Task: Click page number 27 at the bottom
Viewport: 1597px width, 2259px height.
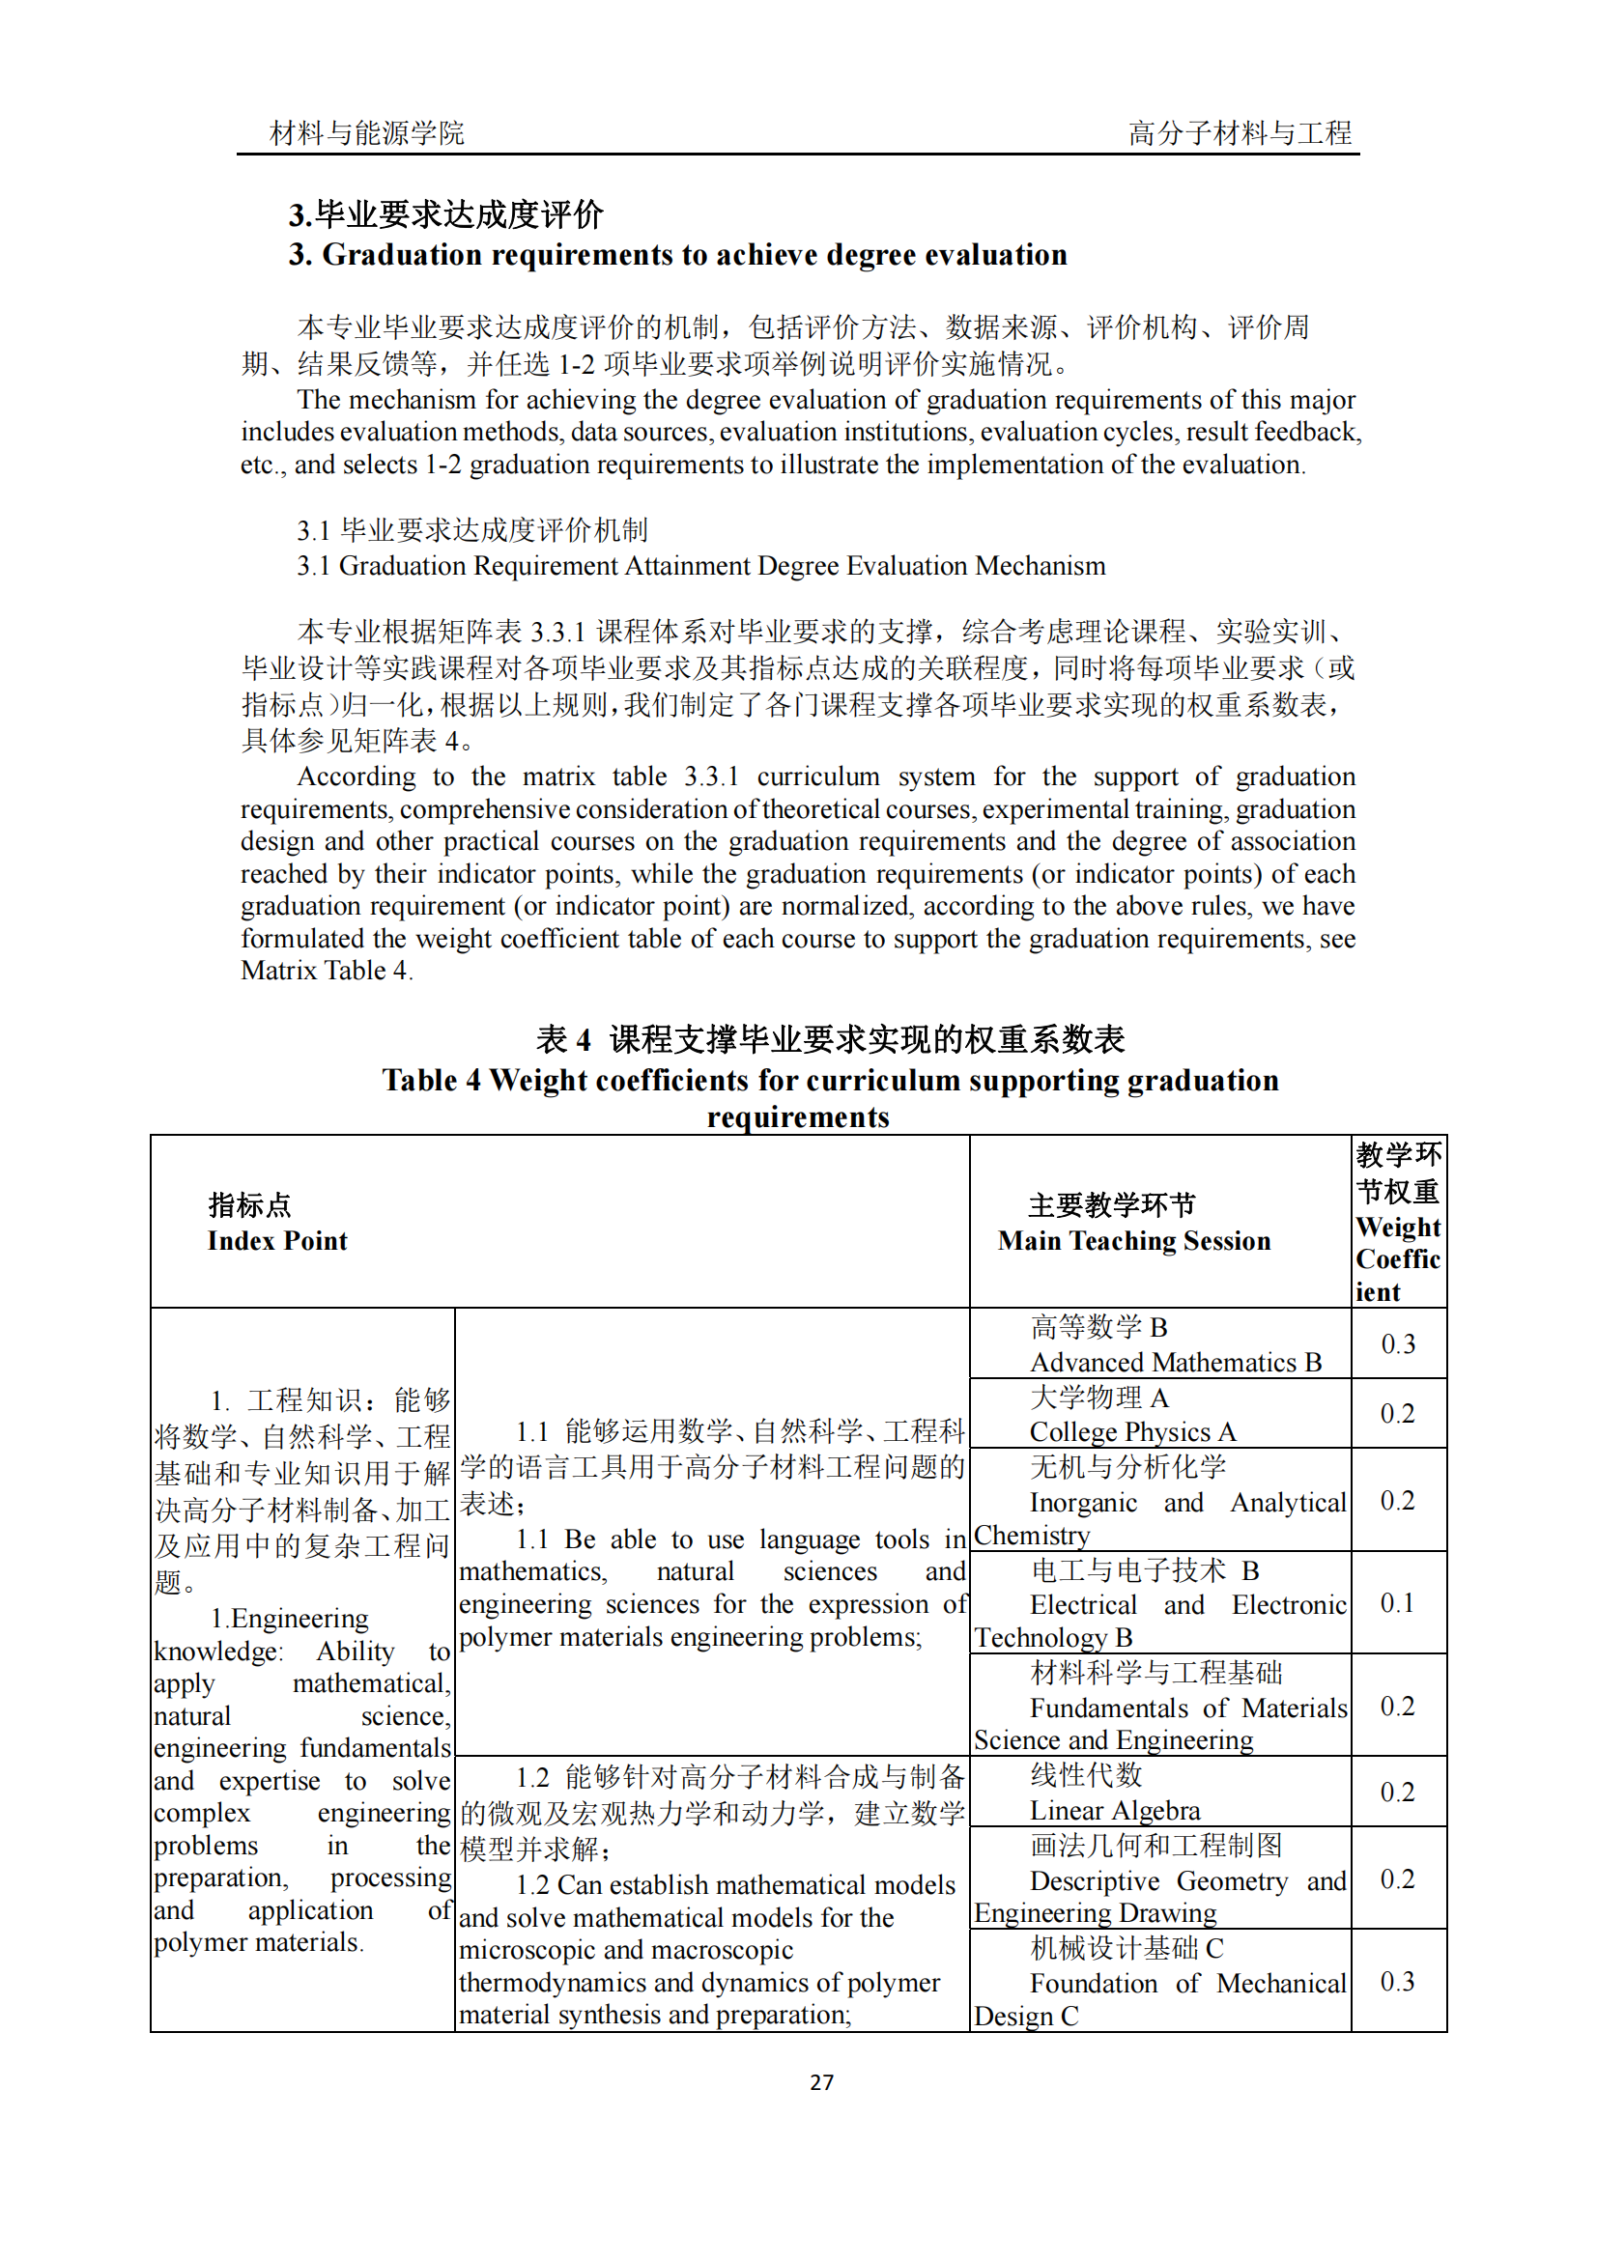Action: click(x=820, y=2081)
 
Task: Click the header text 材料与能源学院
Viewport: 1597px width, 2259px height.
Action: click(x=366, y=133)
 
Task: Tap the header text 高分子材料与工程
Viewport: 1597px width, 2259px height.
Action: click(x=1239, y=133)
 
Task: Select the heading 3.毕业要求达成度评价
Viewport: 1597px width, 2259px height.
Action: click(x=445, y=213)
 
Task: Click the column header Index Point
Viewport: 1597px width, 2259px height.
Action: click(x=276, y=1241)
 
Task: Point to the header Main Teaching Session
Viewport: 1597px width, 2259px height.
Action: click(x=1133, y=1241)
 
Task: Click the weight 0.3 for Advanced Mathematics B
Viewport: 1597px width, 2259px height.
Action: click(x=1397, y=1344)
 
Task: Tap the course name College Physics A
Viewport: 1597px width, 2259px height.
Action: click(x=1132, y=1431)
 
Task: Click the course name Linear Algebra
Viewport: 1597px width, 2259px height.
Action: click(x=1115, y=1810)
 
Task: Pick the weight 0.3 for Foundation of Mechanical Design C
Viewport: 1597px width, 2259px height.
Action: click(x=1397, y=1982)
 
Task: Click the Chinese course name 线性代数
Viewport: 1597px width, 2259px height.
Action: click(x=1085, y=1776)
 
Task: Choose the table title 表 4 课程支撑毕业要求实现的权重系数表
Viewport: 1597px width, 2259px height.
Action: click(x=830, y=1039)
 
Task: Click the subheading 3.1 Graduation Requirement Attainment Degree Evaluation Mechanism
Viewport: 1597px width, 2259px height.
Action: click(x=700, y=566)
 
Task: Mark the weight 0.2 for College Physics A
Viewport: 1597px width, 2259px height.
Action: click(x=1397, y=1414)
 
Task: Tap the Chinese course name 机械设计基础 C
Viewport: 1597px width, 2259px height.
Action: click(x=1126, y=1948)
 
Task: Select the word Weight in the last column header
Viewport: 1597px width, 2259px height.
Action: click(x=1397, y=1227)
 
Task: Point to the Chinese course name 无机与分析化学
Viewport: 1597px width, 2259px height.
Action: click(x=1127, y=1467)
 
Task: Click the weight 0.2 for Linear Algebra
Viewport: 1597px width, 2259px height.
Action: click(x=1397, y=1793)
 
